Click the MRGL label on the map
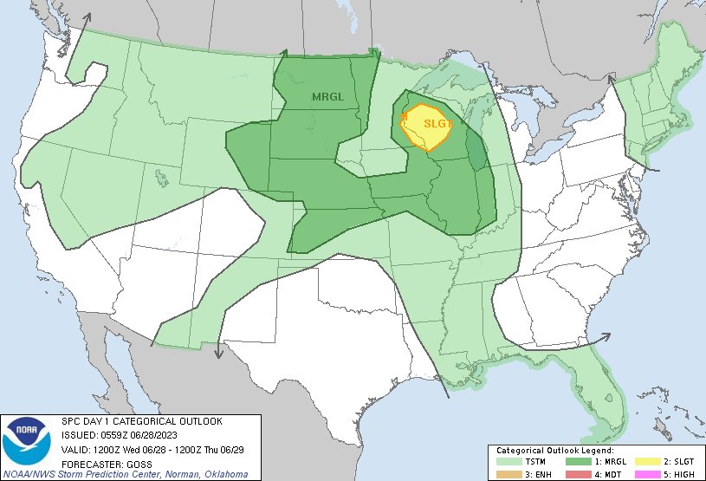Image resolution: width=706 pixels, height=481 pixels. click(327, 96)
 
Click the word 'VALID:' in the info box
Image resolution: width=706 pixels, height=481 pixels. click(75, 449)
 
